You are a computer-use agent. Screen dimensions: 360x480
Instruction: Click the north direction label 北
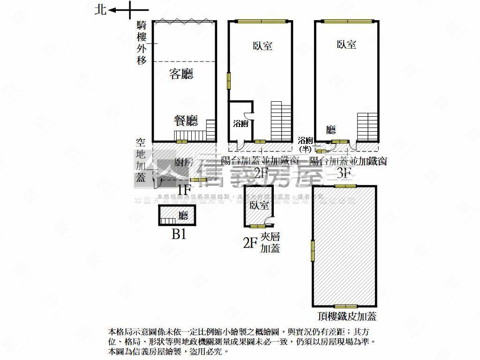(100, 9)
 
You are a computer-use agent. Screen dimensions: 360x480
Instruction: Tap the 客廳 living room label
(181, 74)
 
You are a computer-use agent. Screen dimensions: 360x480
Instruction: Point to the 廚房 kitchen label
(183, 163)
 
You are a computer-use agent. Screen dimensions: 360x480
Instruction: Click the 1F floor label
(184, 189)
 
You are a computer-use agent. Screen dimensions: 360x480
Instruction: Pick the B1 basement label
(179, 234)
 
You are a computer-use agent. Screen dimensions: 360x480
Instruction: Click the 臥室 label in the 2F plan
(262, 46)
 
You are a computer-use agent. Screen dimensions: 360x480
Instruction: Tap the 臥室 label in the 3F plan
(346, 45)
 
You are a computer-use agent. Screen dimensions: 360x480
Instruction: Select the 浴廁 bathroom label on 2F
(240, 124)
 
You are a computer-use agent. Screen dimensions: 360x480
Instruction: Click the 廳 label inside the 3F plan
(331, 129)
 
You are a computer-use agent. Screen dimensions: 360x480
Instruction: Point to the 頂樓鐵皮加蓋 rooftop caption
(346, 316)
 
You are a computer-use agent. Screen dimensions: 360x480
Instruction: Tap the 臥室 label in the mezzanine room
(259, 205)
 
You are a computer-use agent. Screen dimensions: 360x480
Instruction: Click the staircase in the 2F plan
(281, 120)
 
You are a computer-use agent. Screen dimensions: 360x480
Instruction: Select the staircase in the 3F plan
(367, 126)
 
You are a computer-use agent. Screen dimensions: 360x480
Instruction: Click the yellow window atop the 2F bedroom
(261, 21)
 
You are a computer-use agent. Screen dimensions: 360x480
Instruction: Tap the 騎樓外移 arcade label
(142, 42)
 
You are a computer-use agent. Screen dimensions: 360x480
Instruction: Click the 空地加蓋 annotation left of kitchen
(140, 159)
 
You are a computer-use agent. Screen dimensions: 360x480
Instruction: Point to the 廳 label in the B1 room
(183, 216)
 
